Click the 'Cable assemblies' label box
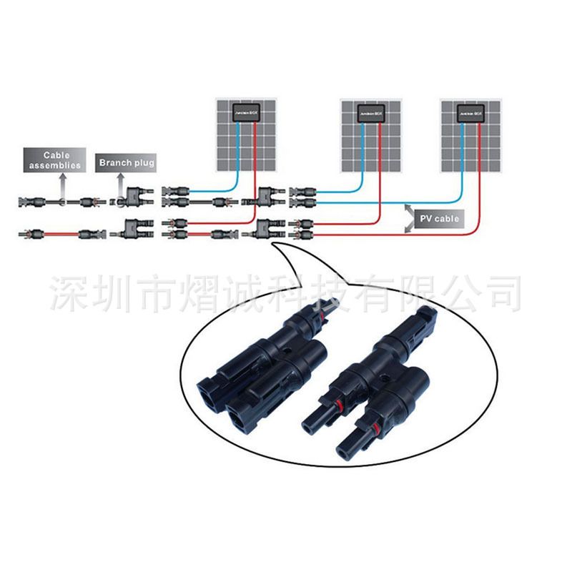[x=54, y=159]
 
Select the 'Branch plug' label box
[x=126, y=163]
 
